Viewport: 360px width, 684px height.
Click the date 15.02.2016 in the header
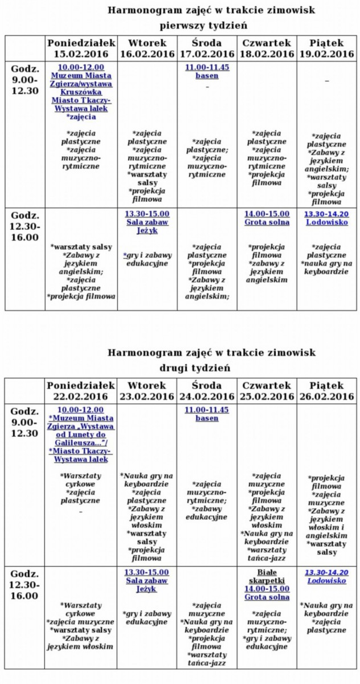(x=81, y=54)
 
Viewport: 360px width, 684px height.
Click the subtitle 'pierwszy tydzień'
(x=203, y=26)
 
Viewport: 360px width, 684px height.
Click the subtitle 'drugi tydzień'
(x=203, y=368)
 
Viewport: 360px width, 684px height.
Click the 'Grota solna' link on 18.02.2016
(x=267, y=222)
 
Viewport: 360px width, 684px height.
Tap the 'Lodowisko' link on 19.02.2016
(x=326, y=222)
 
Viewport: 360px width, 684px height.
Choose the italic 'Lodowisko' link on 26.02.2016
(x=326, y=580)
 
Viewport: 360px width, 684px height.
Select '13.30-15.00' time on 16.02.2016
(x=147, y=214)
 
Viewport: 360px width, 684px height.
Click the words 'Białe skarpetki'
(x=267, y=576)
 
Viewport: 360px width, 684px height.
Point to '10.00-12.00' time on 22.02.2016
(x=81, y=409)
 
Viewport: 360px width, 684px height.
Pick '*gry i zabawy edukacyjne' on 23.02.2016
(x=147, y=617)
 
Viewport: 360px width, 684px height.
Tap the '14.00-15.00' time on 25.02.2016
(x=267, y=589)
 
